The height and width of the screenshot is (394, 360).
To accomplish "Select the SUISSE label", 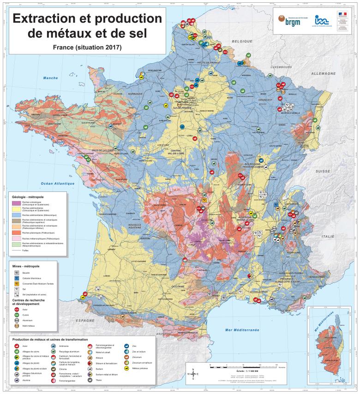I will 323,171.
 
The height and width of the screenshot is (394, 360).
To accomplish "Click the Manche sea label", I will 51,78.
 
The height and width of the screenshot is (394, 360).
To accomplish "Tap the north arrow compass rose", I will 193,374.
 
